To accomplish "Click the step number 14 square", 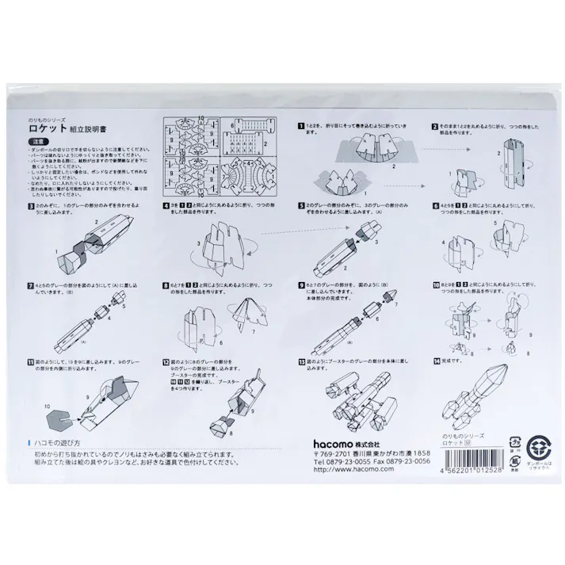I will (x=437, y=361).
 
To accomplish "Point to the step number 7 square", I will (x=30, y=283).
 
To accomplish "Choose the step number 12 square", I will (x=165, y=361).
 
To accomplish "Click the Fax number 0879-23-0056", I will (x=407, y=461).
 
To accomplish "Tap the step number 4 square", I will (x=165, y=204).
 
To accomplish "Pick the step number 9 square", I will (x=301, y=283).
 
